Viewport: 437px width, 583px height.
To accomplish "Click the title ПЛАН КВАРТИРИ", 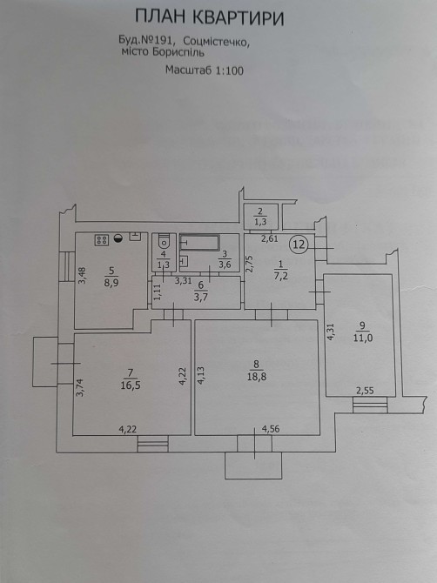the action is coord(210,17).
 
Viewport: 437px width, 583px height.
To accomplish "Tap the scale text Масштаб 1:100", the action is coord(205,70).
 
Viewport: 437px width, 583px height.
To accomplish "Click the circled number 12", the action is coord(299,245).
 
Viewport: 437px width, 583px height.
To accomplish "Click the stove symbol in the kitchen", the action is coord(102,240).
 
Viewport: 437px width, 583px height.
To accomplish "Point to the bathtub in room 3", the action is coord(199,242).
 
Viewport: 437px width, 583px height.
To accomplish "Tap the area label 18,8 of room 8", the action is coord(257,376).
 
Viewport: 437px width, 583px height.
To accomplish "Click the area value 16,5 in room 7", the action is coord(131,385).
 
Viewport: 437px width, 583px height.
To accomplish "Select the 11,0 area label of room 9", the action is coord(363,338).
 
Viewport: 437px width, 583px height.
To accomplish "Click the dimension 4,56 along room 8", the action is coord(271,429).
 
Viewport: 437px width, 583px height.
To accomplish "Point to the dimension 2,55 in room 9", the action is coord(365,391).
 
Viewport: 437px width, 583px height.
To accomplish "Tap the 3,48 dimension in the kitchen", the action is coord(82,276).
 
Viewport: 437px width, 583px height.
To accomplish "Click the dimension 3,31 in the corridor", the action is coord(184,281).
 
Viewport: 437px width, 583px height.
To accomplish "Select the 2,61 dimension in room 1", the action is coord(270,239).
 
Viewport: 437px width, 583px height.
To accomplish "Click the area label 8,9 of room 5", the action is coord(111,282).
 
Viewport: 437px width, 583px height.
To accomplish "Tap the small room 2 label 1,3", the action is coord(260,223).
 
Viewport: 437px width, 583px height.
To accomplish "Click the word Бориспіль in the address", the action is coord(178,52).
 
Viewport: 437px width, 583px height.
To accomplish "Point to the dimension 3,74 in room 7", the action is coord(80,387).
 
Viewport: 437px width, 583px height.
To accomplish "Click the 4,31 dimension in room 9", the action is coord(330,332).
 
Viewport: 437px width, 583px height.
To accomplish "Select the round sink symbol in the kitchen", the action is coord(118,239).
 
